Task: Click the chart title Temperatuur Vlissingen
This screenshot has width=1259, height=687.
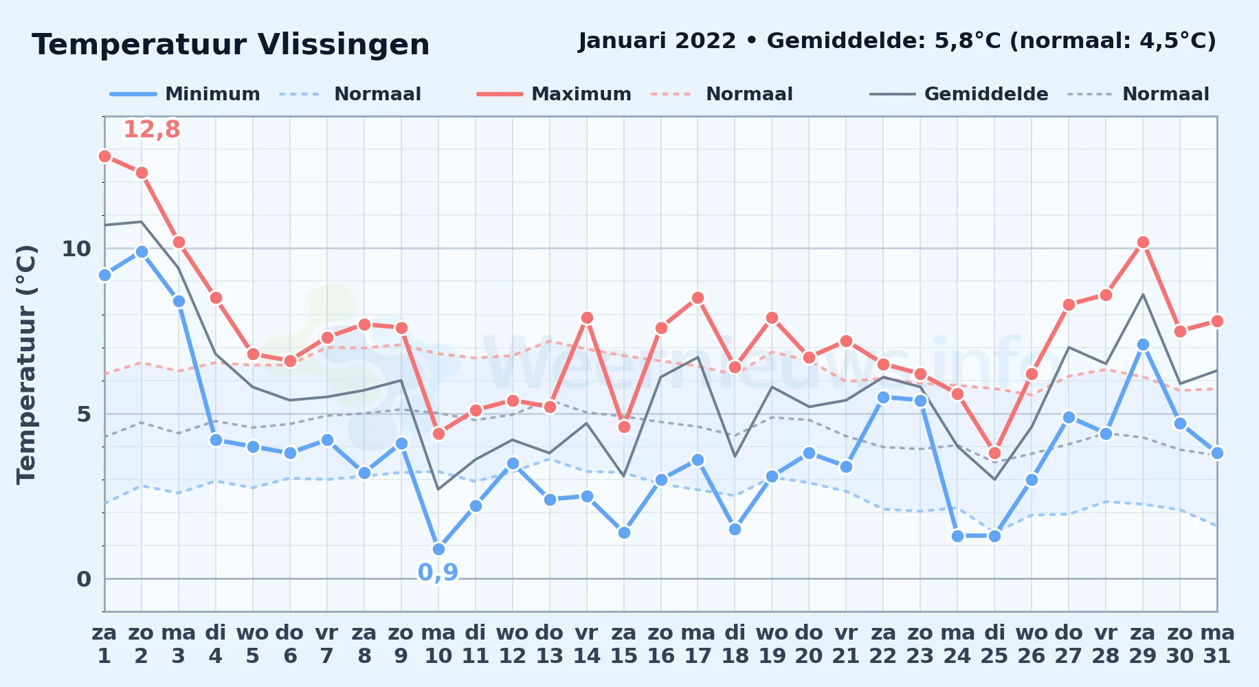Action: [x=231, y=45]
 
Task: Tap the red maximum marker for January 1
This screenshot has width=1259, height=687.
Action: [x=104, y=156]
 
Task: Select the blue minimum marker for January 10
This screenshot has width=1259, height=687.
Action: [x=438, y=549]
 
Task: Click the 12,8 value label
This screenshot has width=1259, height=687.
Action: [x=151, y=129]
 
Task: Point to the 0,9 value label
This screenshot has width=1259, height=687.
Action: [x=438, y=572]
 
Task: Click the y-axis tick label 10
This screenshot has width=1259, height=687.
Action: [x=76, y=249]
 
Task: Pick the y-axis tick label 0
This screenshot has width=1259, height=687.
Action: [x=84, y=579]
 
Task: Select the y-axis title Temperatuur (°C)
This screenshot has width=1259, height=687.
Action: [x=26, y=364]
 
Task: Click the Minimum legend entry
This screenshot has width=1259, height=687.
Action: [x=185, y=94]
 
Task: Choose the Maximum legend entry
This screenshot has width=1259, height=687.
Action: [x=554, y=94]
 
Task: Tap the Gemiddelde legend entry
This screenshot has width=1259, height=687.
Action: [x=959, y=94]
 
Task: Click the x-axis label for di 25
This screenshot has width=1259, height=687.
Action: [x=994, y=644]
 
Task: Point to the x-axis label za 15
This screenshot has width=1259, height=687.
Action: [x=624, y=644]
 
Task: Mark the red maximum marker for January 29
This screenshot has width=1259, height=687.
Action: [x=1143, y=242]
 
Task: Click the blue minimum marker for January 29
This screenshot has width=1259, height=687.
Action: [x=1143, y=344]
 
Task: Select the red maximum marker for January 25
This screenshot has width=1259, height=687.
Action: [x=994, y=453]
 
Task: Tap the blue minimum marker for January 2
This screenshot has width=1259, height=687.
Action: [x=142, y=251]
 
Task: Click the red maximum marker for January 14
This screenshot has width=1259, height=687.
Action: [x=587, y=317]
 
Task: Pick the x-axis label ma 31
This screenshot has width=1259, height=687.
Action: [x=1217, y=644]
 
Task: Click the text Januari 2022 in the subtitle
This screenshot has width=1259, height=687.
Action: [x=657, y=41]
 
